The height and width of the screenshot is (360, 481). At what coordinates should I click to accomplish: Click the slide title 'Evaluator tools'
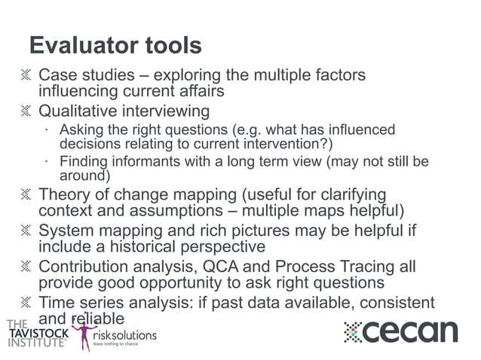click(115, 45)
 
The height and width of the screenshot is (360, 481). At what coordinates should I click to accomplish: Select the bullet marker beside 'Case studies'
click(27, 75)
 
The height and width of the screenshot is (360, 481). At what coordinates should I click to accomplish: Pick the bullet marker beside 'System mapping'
click(27, 230)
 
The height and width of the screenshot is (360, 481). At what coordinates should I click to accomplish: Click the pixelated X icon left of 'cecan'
click(354, 332)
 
